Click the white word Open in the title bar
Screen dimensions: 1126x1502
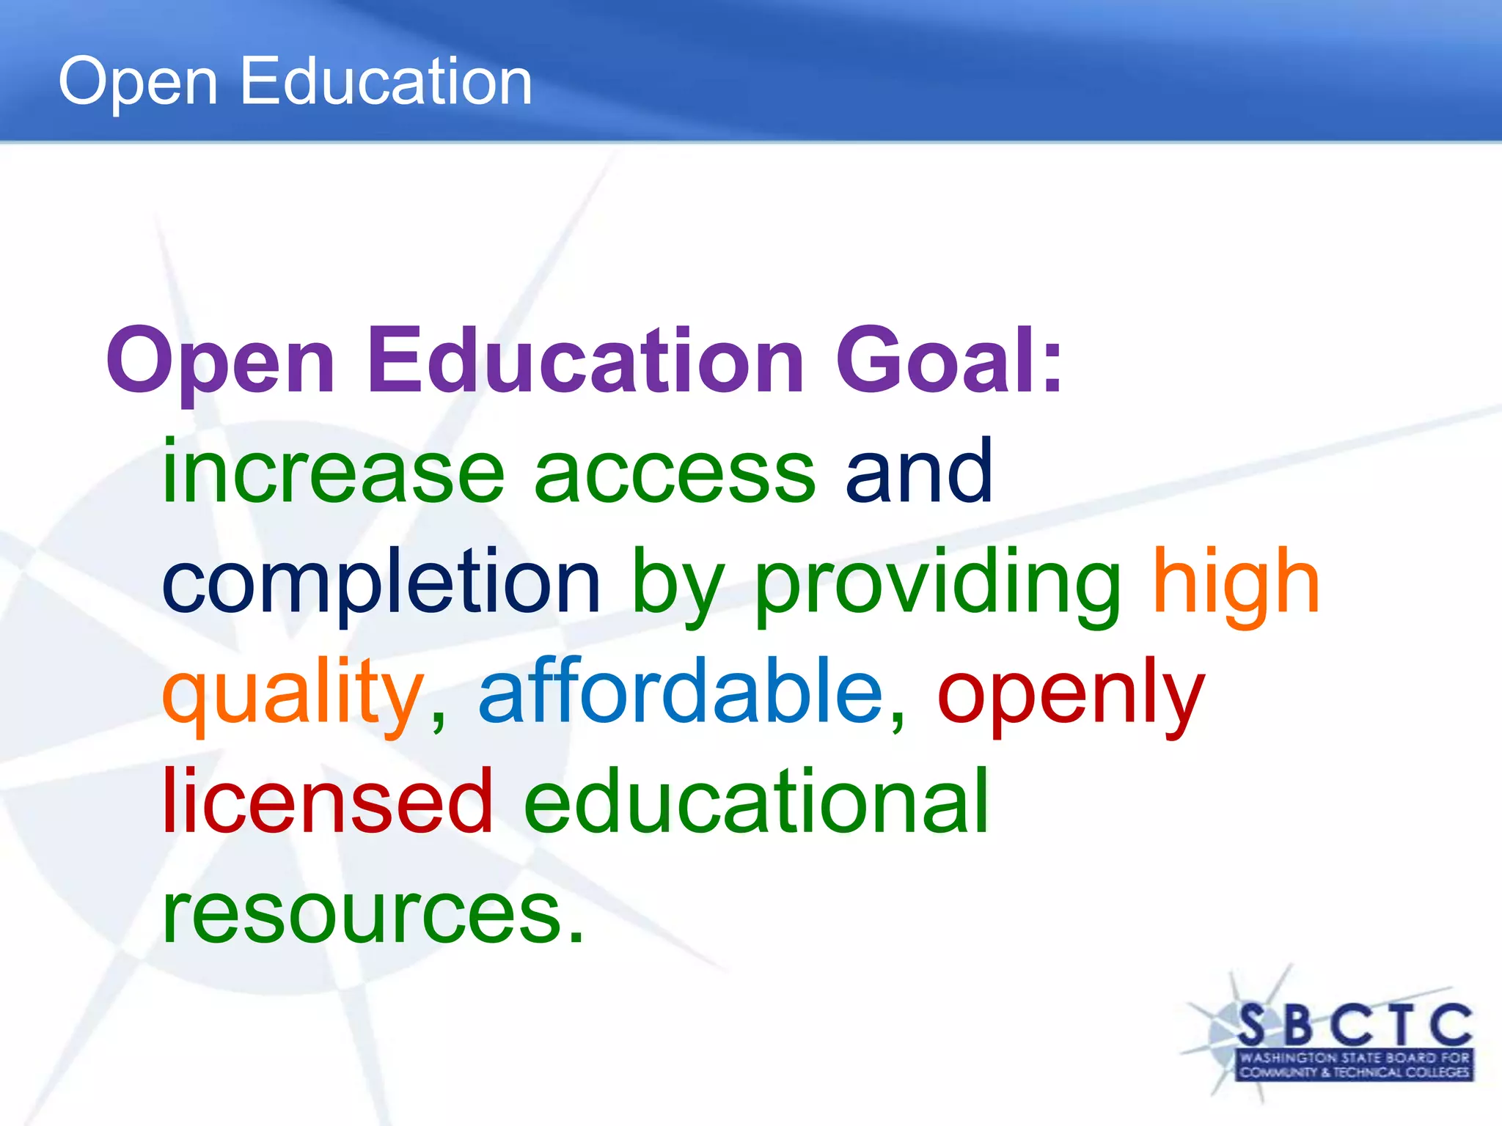pos(138,82)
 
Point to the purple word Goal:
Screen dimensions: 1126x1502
pos(949,361)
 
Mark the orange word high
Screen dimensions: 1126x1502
pos(1237,582)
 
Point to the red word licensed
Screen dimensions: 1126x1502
pos(327,801)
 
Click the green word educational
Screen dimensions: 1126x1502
pos(756,801)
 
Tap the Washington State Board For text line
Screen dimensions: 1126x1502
pos(1355,1058)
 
